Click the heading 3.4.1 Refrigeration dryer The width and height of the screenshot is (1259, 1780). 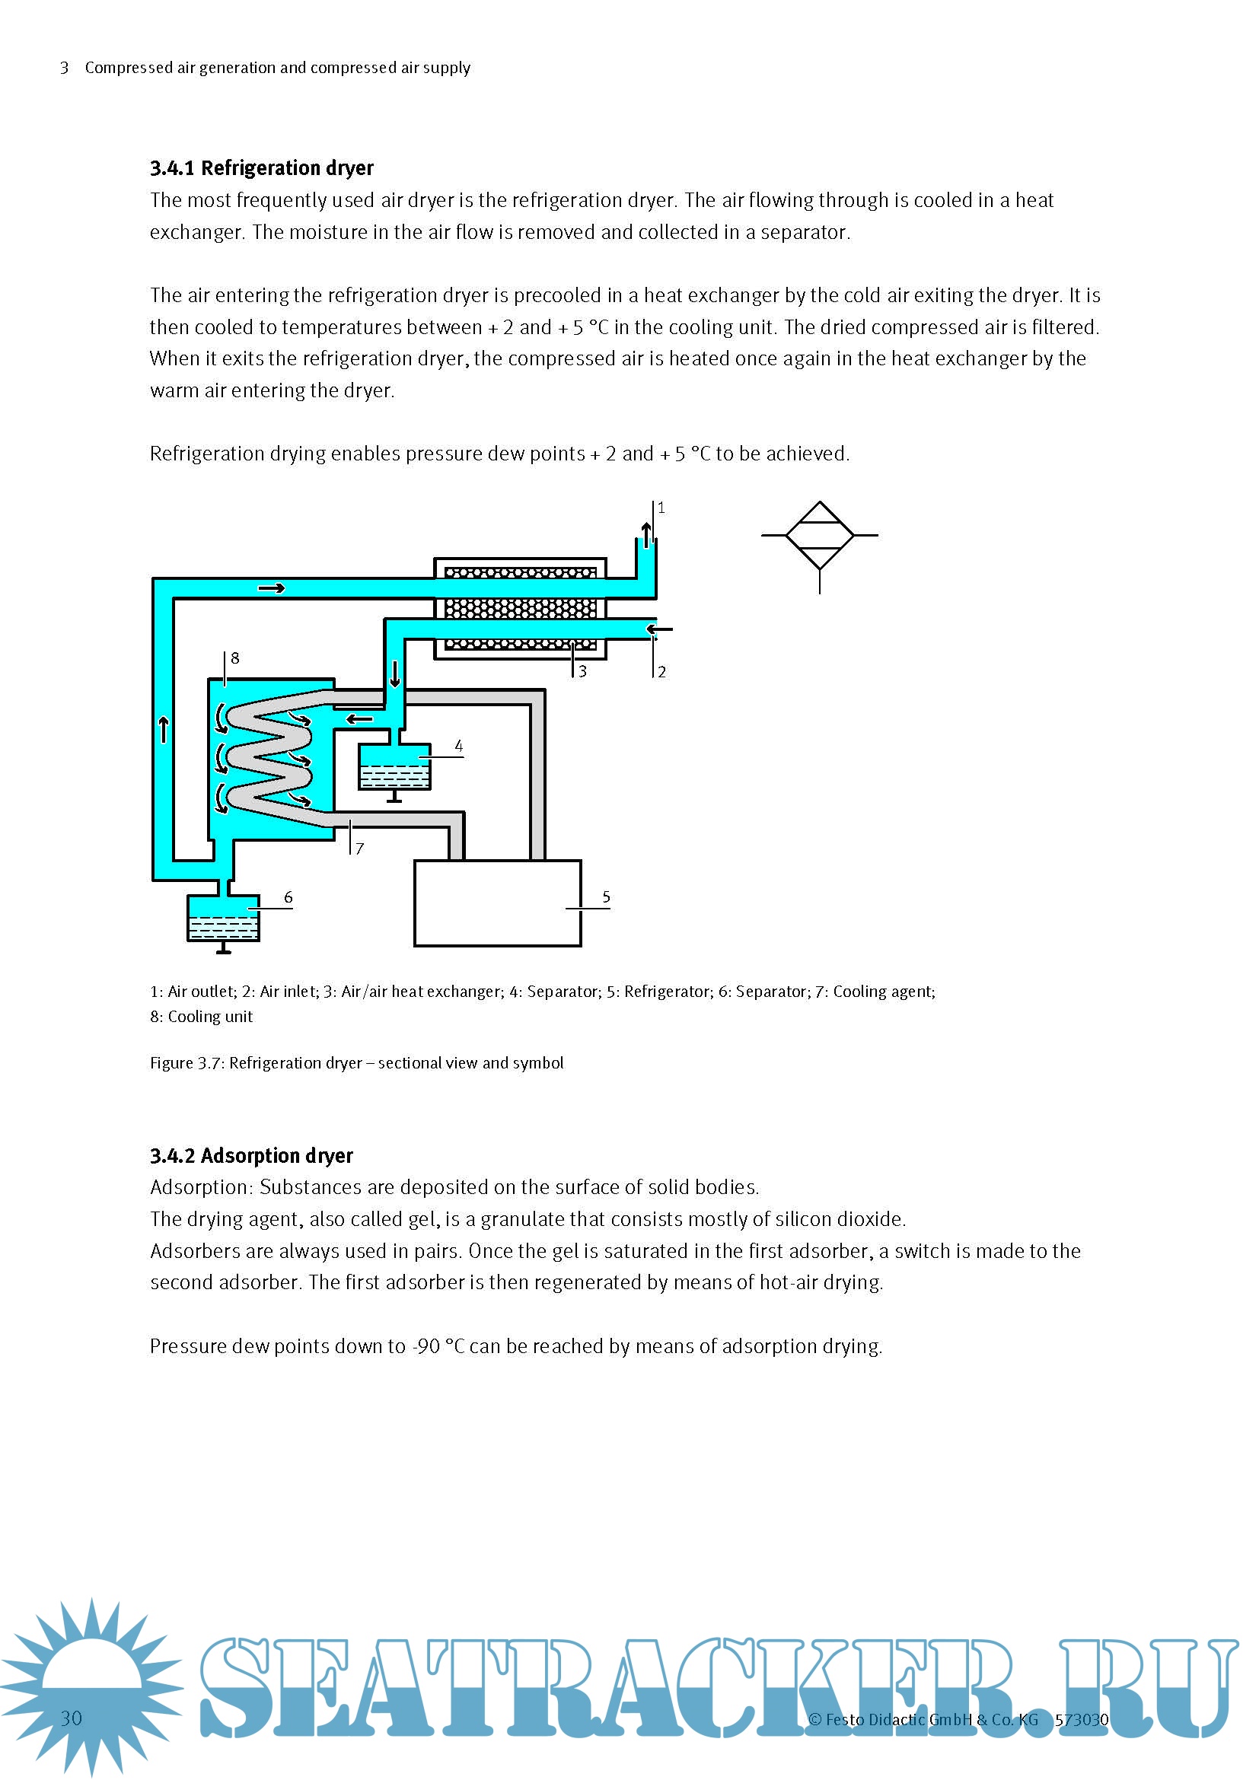click(261, 168)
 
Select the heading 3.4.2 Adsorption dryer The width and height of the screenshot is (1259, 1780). click(251, 1156)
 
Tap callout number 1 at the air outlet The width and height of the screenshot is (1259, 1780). click(661, 508)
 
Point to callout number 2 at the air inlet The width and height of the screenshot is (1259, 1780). click(661, 672)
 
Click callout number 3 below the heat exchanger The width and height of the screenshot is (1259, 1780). click(582, 672)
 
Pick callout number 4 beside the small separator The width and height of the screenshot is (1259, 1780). click(458, 746)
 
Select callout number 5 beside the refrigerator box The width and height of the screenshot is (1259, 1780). click(606, 898)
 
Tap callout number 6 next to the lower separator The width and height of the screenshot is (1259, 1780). click(288, 898)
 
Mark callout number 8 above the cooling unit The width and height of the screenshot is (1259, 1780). click(235, 658)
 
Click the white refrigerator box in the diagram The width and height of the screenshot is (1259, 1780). click(497, 903)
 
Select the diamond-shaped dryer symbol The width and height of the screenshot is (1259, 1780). click(820, 536)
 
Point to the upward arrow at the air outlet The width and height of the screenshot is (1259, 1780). click(645, 533)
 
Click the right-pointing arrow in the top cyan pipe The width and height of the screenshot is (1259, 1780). click(271, 588)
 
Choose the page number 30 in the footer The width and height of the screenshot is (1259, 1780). click(72, 1718)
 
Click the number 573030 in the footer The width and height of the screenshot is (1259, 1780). click(1082, 1720)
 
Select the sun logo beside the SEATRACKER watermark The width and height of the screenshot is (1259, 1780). click(91, 1683)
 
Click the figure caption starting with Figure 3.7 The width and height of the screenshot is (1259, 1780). click(356, 1063)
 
